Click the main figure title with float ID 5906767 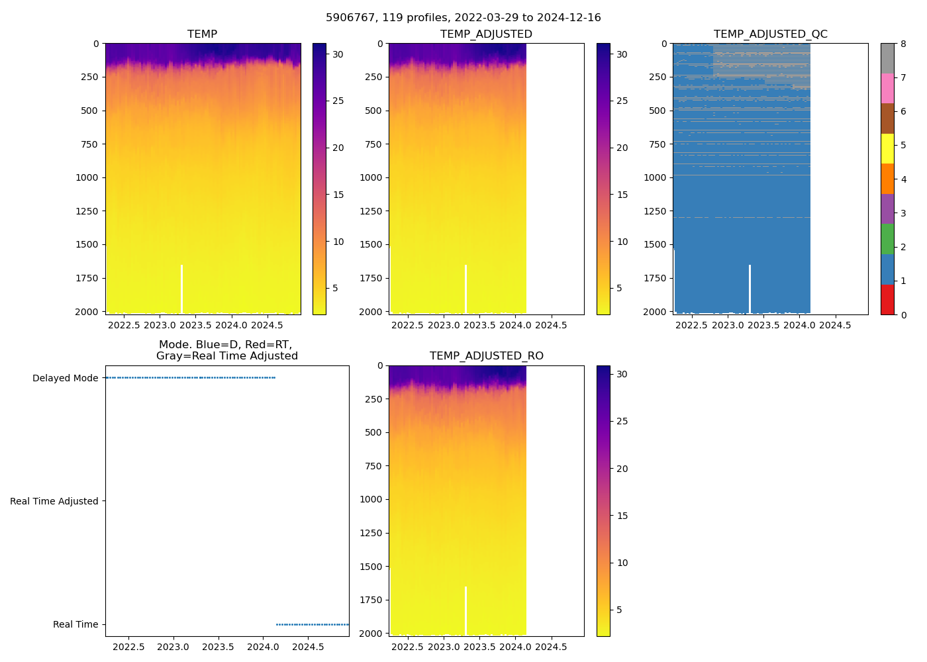(463, 18)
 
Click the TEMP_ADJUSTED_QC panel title (770, 34)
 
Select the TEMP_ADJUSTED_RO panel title (486, 356)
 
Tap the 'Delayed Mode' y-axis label (65, 378)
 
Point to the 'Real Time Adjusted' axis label (54, 501)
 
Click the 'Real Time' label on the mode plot (75, 624)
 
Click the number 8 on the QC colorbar (903, 44)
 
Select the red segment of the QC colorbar (887, 299)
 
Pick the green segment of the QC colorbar (887, 239)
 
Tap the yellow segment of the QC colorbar (887, 148)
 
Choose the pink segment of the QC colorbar (887, 88)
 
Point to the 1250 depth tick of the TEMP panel (86, 211)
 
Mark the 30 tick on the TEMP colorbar (338, 54)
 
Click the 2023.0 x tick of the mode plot (173, 647)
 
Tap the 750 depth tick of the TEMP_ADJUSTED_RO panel (373, 466)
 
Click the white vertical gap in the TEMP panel (181, 289)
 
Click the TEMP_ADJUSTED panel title (486, 34)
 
